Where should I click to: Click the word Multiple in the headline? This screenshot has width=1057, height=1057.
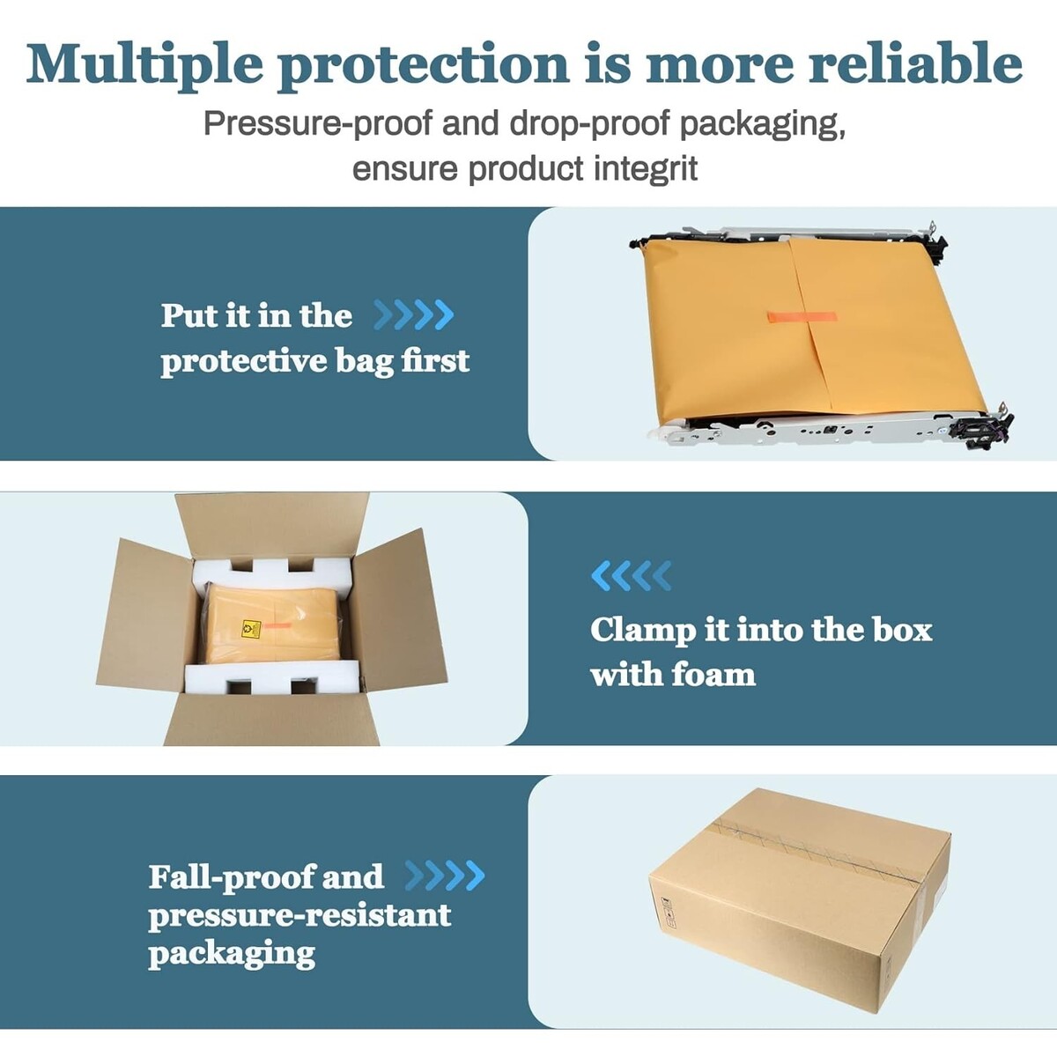pyautogui.click(x=144, y=65)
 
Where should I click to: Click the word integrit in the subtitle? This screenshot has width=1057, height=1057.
pyautogui.click(x=647, y=168)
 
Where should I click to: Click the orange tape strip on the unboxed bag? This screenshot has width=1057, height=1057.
pyautogui.click(x=802, y=318)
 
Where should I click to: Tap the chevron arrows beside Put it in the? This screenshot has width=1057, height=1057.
pyautogui.click(x=414, y=314)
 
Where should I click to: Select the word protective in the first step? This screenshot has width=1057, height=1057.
pyautogui.click(x=243, y=361)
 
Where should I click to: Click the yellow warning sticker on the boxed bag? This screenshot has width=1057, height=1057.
pyautogui.click(x=251, y=629)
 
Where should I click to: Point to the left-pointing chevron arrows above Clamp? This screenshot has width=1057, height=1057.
pyautogui.click(x=632, y=575)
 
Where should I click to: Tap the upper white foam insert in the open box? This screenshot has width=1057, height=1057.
pyautogui.click(x=272, y=573)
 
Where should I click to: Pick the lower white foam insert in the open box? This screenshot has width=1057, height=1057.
pyautogui.click(x=272, y=676)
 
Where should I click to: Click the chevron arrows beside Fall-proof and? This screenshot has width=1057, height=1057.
pyautogui.click(x=445, y=876)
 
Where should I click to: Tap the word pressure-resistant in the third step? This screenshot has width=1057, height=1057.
pyautogui.click(x=299, y=915)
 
